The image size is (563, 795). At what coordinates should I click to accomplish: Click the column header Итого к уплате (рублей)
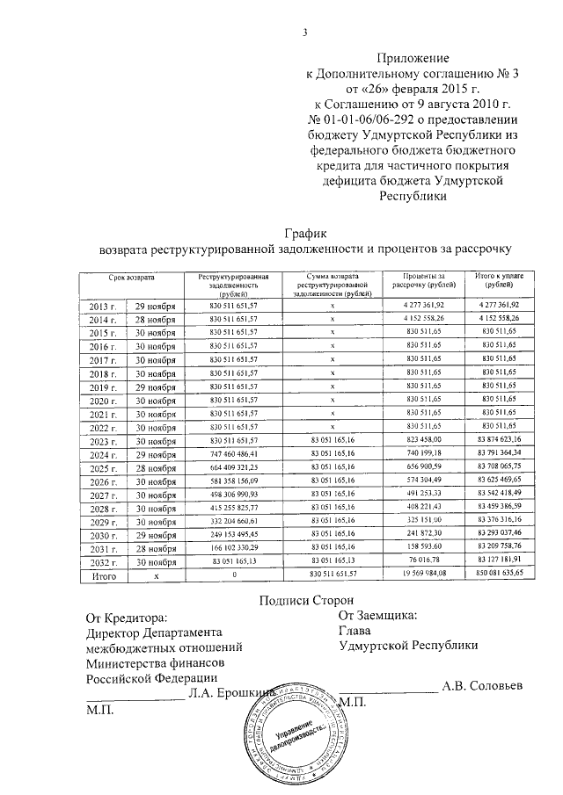tap(498, 280)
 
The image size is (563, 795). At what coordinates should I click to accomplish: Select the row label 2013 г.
tap(104, 305)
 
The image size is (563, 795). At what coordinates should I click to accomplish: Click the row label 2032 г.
tap(104, 561)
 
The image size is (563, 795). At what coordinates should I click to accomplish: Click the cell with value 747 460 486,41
tap(234, 453)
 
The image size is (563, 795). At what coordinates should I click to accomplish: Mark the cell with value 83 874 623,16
tap(498, 439)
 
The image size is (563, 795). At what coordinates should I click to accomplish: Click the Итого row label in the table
tap(105, 575)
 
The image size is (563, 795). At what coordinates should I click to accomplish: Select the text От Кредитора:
tap(127, 618)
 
